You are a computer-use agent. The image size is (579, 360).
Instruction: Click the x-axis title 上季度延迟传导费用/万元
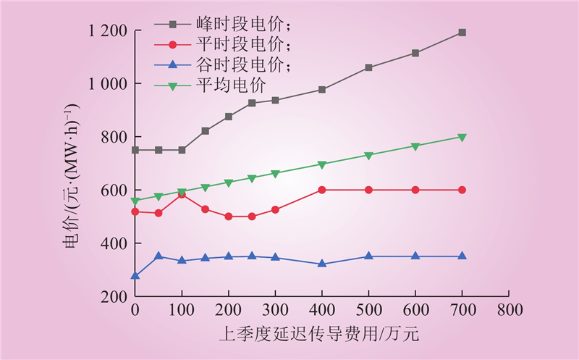click(x=319, y=335)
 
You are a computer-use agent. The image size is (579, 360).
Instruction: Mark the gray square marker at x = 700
click(x=462, y=33)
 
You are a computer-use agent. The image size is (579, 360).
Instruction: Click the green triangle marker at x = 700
click(x=462, y=137)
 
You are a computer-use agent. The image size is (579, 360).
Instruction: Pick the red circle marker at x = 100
click(x=182, y=194)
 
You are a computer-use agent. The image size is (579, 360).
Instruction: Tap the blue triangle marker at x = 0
click(x=135, y=275)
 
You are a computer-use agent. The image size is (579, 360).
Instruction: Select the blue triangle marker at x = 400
click(x=322, y=264)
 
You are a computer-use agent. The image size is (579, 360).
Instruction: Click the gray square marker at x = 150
click(x=206, y=131)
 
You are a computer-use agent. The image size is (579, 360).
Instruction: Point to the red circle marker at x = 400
click(x=322, y=190)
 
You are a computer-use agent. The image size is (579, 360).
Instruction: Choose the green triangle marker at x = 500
click(x=368, y=156)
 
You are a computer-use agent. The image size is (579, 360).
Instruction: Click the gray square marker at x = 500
click(x=368, y=67)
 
